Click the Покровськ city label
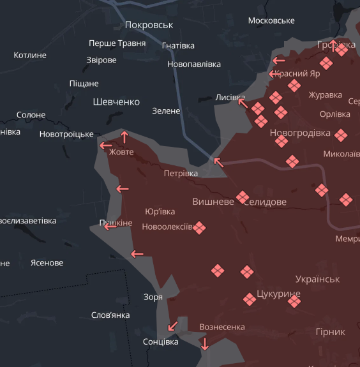tap(149, 24)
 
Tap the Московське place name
tap(271, 20)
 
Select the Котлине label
tap(30, 56)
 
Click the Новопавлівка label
tap(194, 64)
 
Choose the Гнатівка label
tap(178, 46)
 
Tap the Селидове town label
tap(266, 202)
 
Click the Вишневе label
tap(213, 201)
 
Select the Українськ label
tap(317, 279)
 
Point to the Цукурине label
tap(278, 294)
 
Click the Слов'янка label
tap(110, 315)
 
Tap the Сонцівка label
tap(160, 342)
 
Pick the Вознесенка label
tap(222, 327)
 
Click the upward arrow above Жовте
tap(124, 136)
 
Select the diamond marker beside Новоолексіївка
tap(199, 227)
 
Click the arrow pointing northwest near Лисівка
tap(243, 102)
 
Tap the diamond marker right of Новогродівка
tap(340, 135)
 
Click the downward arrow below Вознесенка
tap(204, 344)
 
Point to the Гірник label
tap(330, 332)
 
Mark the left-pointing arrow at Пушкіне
tap(110, 225)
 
